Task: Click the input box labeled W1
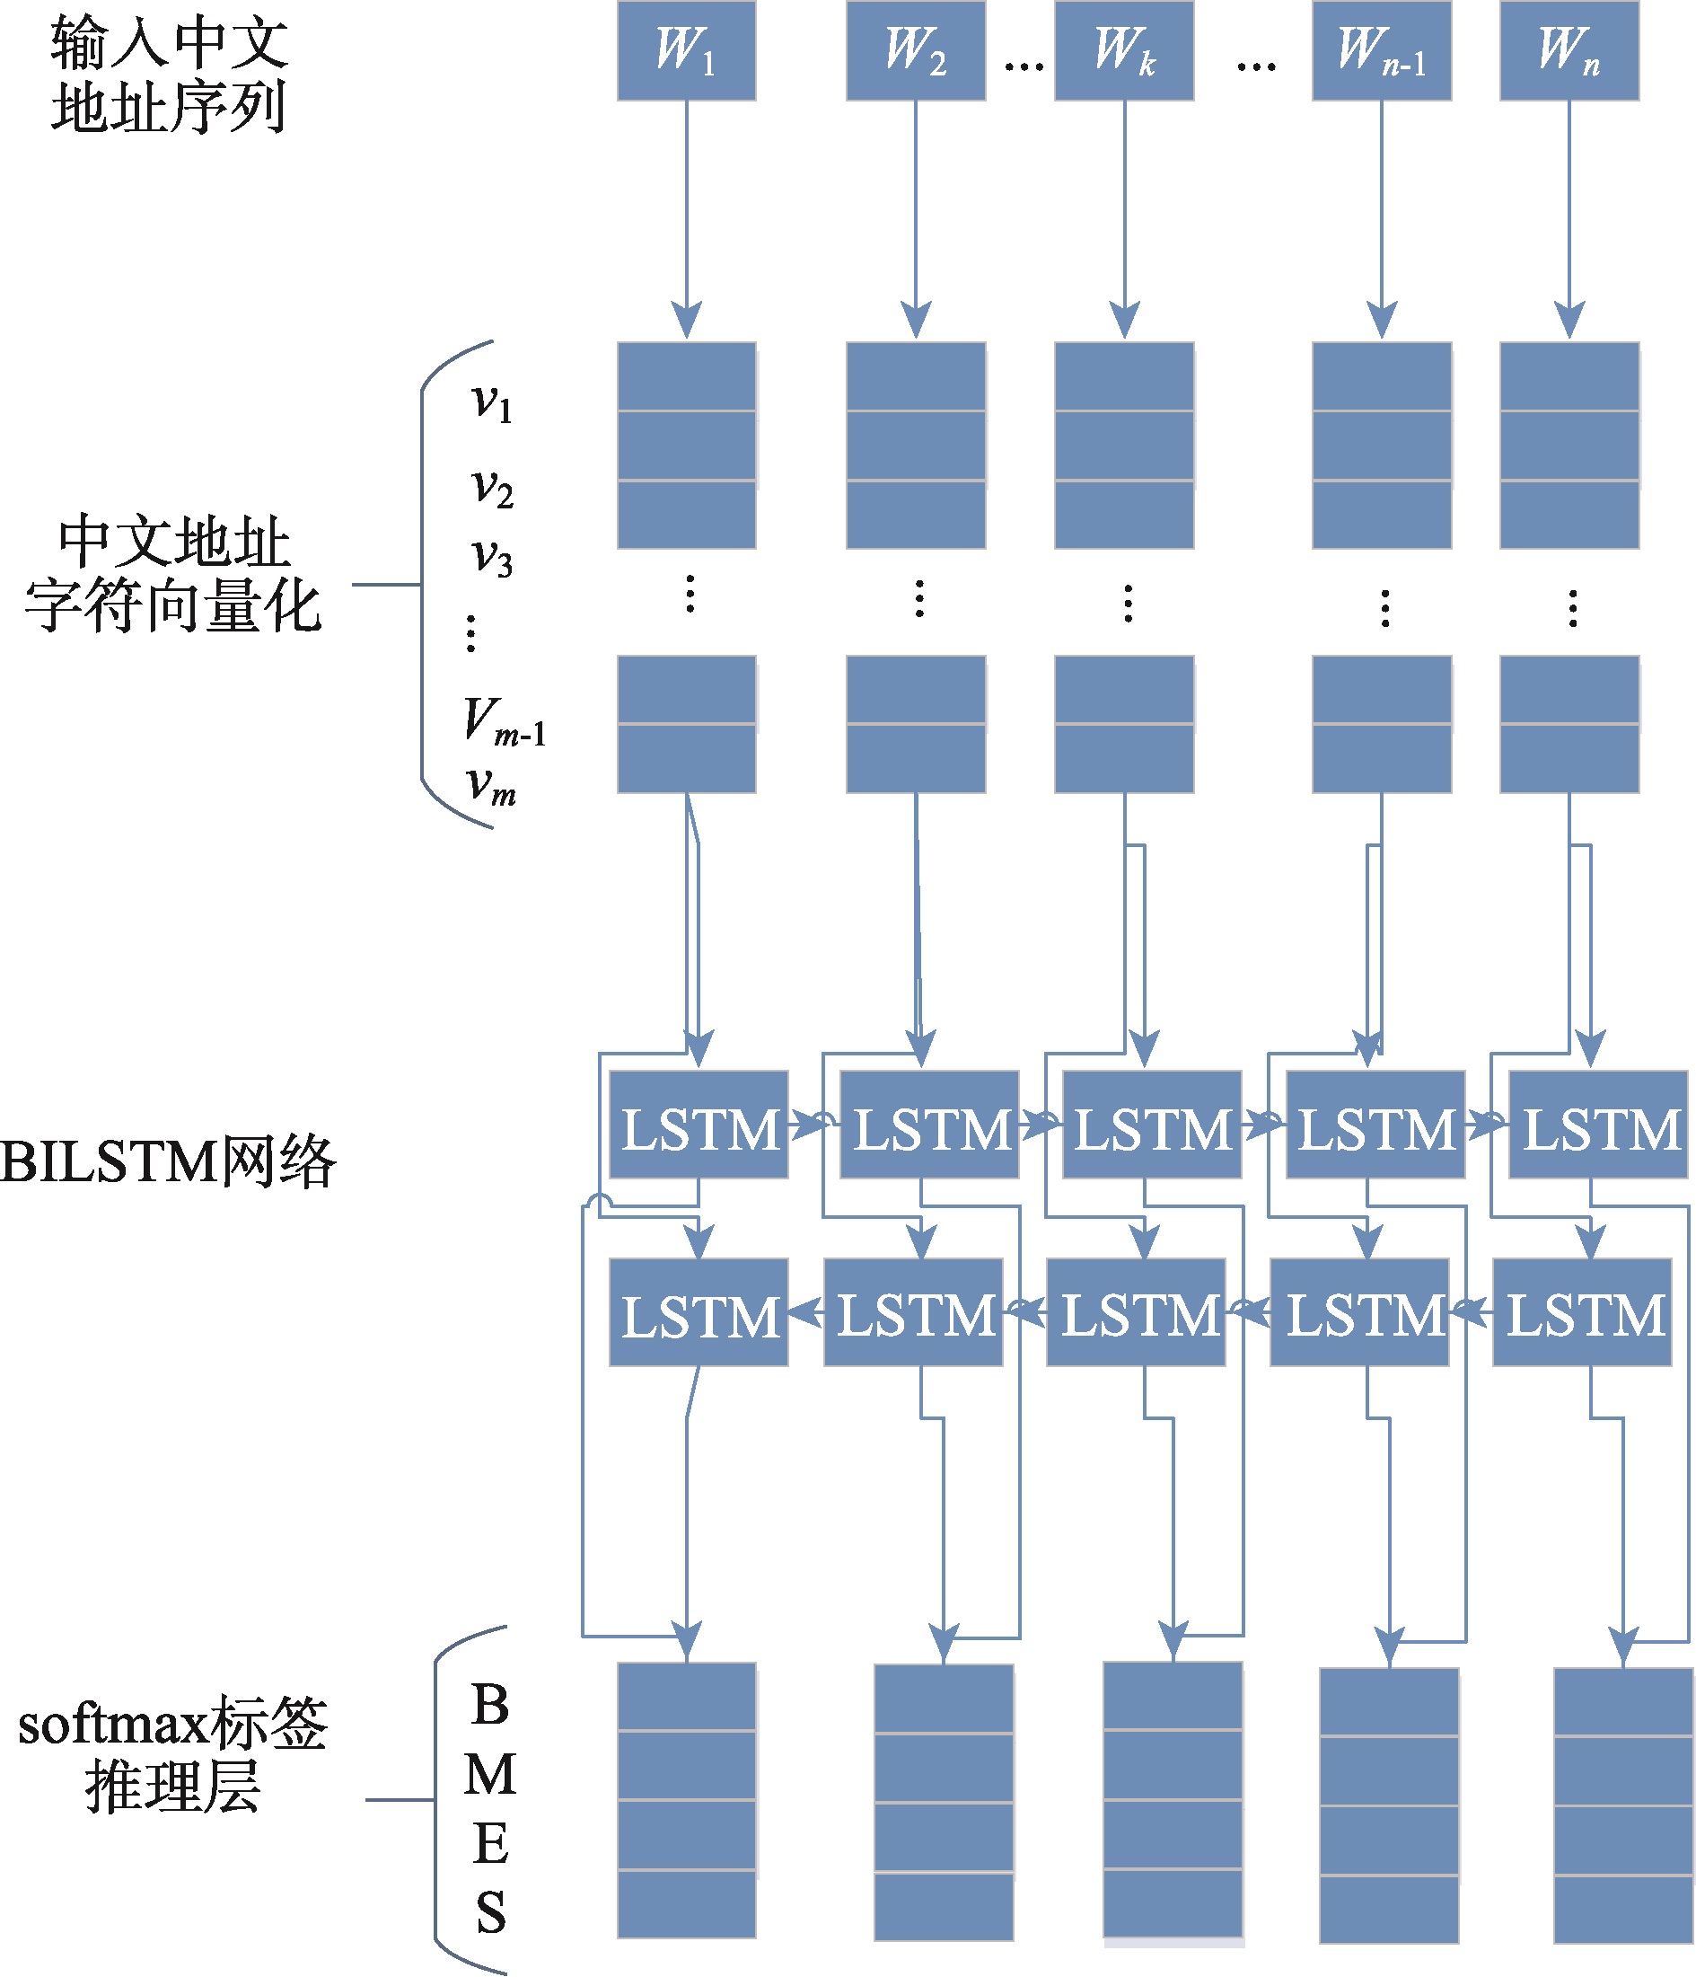click(x=686, y=50)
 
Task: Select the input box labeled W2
click(x=915, y=50)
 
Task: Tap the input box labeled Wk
click(x=1124, y=50)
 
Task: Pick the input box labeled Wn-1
click(x=1381, y=50)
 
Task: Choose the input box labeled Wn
click(x=1569, y=50)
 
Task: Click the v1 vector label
click(x=492, y=402)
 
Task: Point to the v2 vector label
click(x=492, y=488)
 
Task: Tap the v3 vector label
click(x=492, y=557)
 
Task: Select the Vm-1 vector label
click(x=504, y=721)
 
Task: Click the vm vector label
click(x=491, y=788)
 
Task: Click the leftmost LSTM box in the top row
click(x=699, y=1125)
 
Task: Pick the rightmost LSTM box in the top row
click(x=1598, y=1125)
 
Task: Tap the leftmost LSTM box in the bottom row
click(x=699, y=1312)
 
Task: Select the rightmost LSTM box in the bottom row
click(x=1582, y=1312)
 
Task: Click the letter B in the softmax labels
click(x=490, y=1706)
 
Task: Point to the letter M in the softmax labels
click(x=490, y=1776)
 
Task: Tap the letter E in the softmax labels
click(x=490, y=1844)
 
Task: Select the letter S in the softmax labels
click(x=490, y=1913)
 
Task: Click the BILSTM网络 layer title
click(x=168, y=1162)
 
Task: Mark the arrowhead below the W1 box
click(x=686, y=320)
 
